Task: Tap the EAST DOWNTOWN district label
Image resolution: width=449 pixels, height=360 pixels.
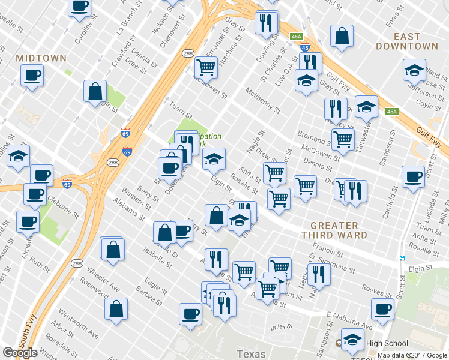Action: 407,40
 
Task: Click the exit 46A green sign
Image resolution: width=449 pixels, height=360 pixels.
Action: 295,37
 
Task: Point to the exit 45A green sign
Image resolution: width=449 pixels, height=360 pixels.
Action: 392,112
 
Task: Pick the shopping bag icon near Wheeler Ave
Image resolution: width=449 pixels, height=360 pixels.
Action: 116,308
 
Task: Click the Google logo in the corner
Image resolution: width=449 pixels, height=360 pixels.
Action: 20,353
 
